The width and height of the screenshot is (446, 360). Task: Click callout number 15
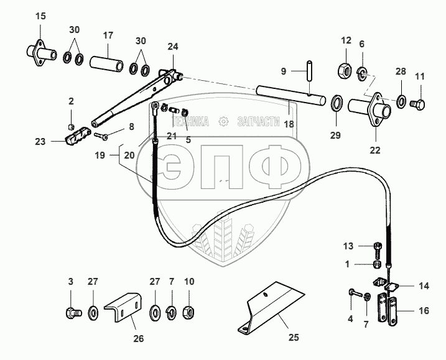pos(40,15)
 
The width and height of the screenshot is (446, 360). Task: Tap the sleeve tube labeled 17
pos(106,64)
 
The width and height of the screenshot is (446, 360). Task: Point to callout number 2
pos(71,101)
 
